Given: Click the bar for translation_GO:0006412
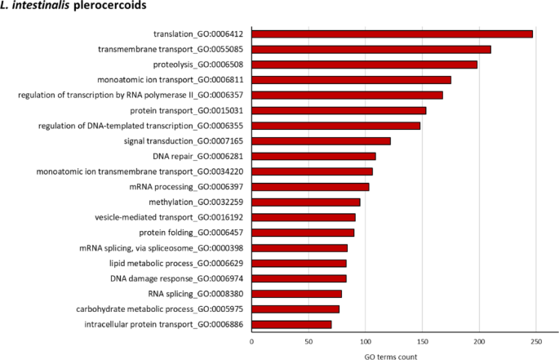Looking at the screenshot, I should point(392,33).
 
